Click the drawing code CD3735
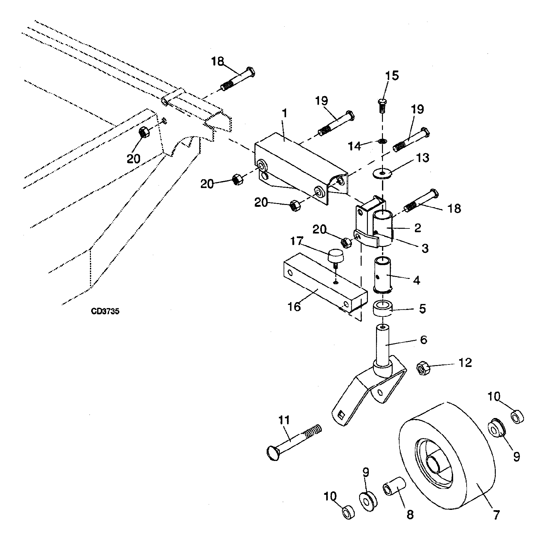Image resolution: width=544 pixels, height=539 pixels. (105, 311)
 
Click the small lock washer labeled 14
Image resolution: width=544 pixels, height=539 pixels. (382, 142)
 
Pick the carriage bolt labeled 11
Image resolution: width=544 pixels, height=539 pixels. (294, 442)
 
